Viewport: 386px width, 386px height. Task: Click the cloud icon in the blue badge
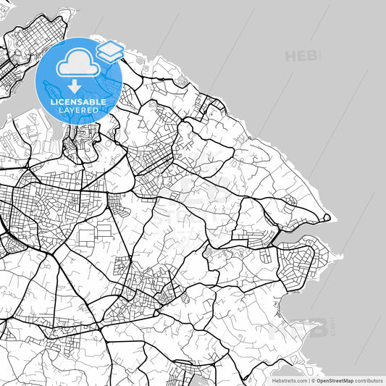click(x=78, y=64)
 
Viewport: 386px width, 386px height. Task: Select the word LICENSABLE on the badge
click(x=78, y=102)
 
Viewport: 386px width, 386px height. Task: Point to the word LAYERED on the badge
click(x=78, y=110)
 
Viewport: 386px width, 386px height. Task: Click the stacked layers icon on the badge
click(x=111, y=51)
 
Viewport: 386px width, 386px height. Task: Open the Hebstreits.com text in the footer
click(x=287, y=380)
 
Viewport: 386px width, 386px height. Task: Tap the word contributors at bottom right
click(x=369, y=380)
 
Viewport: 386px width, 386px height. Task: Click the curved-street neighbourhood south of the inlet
click(x=297, y=267)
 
